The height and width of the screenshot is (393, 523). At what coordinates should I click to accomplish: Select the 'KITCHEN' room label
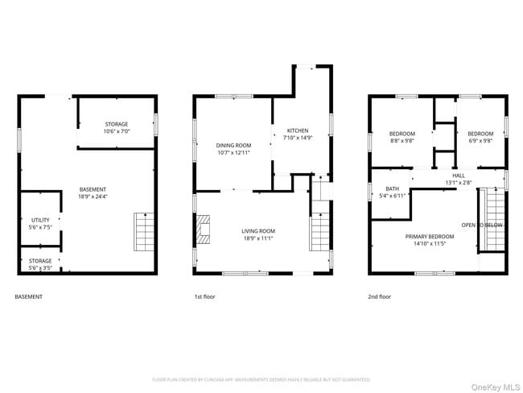click(x=298, y=130)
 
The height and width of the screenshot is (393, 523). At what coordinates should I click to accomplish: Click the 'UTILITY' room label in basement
click(x=41, y=220)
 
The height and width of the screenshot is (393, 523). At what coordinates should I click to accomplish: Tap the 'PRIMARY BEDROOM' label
click(x=430, y=236)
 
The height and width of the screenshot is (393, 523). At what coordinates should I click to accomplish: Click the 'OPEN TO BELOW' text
click(x=482, y=225)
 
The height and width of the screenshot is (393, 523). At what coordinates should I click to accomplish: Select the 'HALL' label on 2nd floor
click(x=458, y=175)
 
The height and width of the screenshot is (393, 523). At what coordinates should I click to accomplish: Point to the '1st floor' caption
click(x=204, y=296)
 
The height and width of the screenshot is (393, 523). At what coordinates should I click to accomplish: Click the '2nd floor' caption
click(x=379, y=296)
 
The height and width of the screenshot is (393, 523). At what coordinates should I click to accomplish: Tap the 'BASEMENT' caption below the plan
click(x=29, y=296)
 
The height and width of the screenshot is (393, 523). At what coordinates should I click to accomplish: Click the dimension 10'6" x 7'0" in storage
click(x=116, y=131)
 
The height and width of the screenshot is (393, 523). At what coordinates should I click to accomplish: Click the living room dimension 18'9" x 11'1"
click(x=258, y=238)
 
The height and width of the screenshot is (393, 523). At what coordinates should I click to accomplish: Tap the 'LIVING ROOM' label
click(x=258, y=231)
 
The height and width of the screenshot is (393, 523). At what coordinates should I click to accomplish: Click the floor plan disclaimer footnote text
click(x=261, y=379)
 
